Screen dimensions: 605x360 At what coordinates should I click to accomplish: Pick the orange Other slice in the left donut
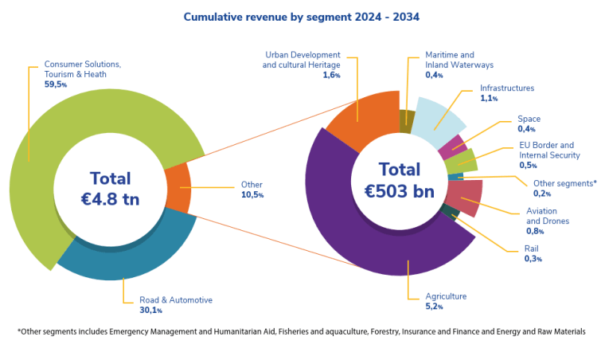(x=178, y=188)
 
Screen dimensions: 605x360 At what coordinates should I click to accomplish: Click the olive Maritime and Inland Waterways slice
(x=407, y=122)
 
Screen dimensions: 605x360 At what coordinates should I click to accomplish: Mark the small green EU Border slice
(x=460, y=162)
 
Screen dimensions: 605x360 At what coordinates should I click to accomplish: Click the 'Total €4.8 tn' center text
(x=111, y=189)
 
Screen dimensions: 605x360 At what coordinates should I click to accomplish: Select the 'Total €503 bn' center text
(x=400, y=180)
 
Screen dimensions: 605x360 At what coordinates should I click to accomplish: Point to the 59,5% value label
(x=56, y=84)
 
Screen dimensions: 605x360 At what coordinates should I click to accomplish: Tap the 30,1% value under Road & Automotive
(x=151, y=310)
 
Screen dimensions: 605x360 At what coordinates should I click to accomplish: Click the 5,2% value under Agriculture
(x=434, y=307)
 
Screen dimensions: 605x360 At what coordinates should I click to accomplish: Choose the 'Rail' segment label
(x=531, y=248)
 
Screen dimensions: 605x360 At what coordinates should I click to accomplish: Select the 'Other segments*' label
(x=565, y=183)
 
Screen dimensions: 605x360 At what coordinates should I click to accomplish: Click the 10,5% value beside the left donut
(x=252, y=194)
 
